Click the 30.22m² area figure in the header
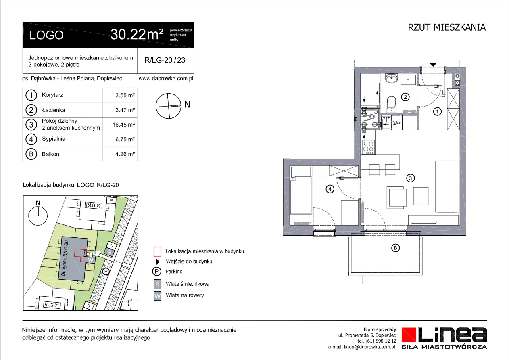tap(137, 35)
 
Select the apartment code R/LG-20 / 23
tap(165, 60)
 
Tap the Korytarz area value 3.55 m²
tap(125, 95)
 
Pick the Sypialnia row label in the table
tap(53, 139)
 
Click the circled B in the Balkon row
tap(31, 154)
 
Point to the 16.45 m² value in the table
tap(123, 125)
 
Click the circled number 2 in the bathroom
tap(405, 97)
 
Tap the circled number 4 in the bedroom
tap(330, 189)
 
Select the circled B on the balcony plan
tap(395, 248)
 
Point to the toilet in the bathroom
tap(391, 104)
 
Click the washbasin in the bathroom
tap(391, 78)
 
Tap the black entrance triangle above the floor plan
tap(433, 65)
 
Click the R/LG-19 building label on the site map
tap(93, 205)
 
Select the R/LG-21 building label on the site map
tap(52, 305)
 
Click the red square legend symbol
tap(157, 251)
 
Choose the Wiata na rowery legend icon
tap(157, 296)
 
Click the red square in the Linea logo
tap(409, 335)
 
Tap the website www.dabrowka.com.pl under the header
tap(166, 78)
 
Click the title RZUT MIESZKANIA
tap(446, 27)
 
